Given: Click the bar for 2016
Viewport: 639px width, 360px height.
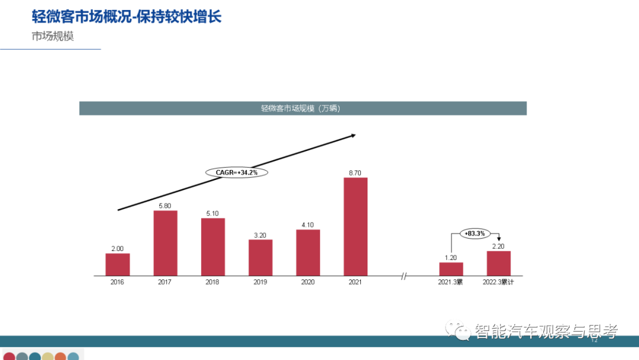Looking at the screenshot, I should pyautogui.click(x=117, y=265).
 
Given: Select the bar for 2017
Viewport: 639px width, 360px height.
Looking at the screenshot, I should pyautogui.click(x=165, y=243).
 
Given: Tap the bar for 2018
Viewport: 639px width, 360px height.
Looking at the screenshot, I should pyautogui.click(x=212, y=247).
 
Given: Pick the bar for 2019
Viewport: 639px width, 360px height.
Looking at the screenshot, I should pyautogui.click(x=260, y=258).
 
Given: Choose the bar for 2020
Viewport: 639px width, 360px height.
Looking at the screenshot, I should pyautogui.click(x=308, y=253).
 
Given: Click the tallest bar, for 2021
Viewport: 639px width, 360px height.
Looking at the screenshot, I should pyautogui.click(x=355, y=227).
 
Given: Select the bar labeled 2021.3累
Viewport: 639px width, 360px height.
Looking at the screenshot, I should pyautogui.click(x=451, y=269).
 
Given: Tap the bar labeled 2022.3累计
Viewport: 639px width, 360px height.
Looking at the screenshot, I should pyautogui.click(x=498, y=263).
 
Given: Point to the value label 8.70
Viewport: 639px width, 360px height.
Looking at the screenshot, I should pyautogui.click(x=355, y=173).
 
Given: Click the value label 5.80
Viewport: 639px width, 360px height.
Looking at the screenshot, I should pyautogui.click(x=165, y=205).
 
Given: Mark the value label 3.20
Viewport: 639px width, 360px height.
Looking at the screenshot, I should pyautogui.click(x=260, y=234).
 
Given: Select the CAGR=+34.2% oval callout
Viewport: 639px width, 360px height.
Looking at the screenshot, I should pyautogui.click(x=237, y=172).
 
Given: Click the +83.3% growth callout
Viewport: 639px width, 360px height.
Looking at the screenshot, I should pyautogui.click(x=475, y=233).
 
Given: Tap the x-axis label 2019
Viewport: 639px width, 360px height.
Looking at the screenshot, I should pyautogui.click(x=260, y=282).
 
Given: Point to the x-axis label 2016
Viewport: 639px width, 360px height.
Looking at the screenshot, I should pyautogui.click(x=117, y=282).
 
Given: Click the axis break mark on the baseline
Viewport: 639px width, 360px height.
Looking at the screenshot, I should pyautogui.click(x=404, y=276).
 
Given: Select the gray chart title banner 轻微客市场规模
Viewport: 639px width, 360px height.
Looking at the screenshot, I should pyautogui.click(x=303, y=108).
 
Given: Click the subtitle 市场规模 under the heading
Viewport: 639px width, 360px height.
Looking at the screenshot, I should pyautogui.click(x=53, y=36).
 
